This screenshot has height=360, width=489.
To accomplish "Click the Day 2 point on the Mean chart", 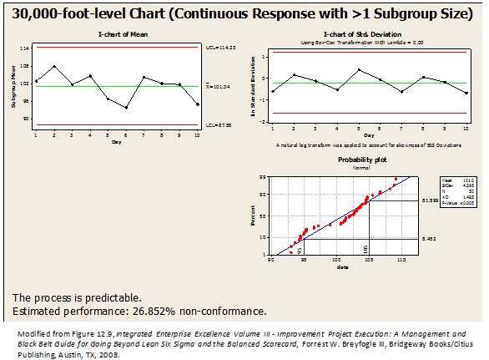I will tap(54, 66).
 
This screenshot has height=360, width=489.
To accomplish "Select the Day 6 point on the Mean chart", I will tap(126, 108).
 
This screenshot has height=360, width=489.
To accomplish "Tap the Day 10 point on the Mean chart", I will tap(198, 104).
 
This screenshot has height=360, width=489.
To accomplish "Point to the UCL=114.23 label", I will tap(220, 48).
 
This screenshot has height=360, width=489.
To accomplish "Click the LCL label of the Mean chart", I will tap(219, 126).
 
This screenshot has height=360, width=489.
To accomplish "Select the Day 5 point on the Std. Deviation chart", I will tap(359, 69).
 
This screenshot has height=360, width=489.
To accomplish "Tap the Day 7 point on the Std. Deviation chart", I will tap(402, 92).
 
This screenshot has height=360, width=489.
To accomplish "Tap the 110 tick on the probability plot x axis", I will tap(402, 260).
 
